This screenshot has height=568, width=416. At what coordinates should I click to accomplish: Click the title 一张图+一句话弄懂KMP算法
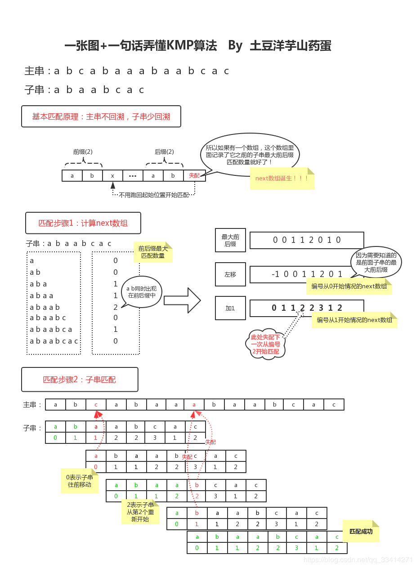[x=140, y=46]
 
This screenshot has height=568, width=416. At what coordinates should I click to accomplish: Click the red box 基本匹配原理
[x=101, y=116]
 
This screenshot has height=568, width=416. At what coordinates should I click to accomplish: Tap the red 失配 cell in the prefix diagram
[x=194, y=175]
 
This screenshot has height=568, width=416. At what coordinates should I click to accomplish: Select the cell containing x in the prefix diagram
[x=112, y=175]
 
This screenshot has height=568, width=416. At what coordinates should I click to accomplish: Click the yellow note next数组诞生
[x=282, y=179]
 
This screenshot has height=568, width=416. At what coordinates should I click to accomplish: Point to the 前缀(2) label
[x=83, y=152]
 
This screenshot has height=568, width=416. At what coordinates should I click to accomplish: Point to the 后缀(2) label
[x=164, y=152]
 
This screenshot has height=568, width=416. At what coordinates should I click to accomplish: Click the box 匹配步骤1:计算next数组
[x=83, y=223]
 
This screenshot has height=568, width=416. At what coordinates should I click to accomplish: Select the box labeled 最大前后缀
[x=230, y=240]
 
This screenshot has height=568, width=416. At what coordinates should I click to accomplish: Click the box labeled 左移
[x=230, y=274]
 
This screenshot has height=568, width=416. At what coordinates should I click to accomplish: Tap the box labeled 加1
[x=230, y=308]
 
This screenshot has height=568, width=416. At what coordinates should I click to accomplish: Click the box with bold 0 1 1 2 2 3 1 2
[x=307, y=308]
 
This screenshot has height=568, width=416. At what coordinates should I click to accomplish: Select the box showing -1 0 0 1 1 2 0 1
[x=307, y=274]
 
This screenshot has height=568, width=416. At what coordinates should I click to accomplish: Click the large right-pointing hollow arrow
[x=182, y=300]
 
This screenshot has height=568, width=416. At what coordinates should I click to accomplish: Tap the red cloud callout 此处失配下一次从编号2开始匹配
[x=265, y=344]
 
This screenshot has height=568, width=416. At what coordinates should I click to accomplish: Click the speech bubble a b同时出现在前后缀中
[x=141, y=292]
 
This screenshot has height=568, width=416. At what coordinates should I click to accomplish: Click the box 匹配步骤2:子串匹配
[x=80, y=380]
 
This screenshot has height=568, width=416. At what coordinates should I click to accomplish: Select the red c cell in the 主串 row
[x=96, y=404]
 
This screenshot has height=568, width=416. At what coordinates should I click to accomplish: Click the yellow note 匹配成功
[x=361, y=532]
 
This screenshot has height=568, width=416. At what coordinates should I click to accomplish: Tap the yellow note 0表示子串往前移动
[x=80, y=481]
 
